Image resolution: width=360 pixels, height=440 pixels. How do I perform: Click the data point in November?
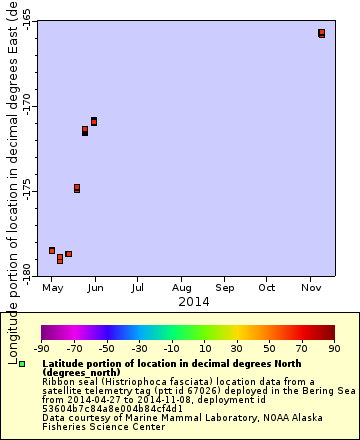pyautogui.click(x=322, y=33)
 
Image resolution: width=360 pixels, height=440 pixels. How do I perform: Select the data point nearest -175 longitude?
pyautogui.click(x=77, y=188)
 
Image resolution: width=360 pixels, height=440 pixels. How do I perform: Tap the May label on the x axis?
pyautogui.click(x=52, y=289)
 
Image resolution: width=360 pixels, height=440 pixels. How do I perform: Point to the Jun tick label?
pyautogui.click(x=95, y=289)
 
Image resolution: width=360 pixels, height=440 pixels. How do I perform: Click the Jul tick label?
pyautogui.click(x=137, y=289)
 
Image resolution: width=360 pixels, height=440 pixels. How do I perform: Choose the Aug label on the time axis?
pyautogui.click(x=181, y=289)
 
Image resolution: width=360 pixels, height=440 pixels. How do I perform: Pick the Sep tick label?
pyautogui.click(x=224, y=289)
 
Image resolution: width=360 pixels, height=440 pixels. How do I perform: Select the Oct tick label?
pyautogui.click(x=267, y=289)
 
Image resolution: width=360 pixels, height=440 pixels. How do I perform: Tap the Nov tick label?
pyautogui.click(x=310, y=289)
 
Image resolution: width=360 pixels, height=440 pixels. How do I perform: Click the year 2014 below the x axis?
pyautogui.click(x=192, y=302)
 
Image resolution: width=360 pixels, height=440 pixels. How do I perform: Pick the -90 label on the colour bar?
pyautogui.click(x=41, y=349)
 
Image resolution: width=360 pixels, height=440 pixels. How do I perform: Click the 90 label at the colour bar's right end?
pyautogui.click(x=334, y=349)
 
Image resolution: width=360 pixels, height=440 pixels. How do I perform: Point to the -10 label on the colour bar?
pyautogui.click(x=171, y=349)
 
